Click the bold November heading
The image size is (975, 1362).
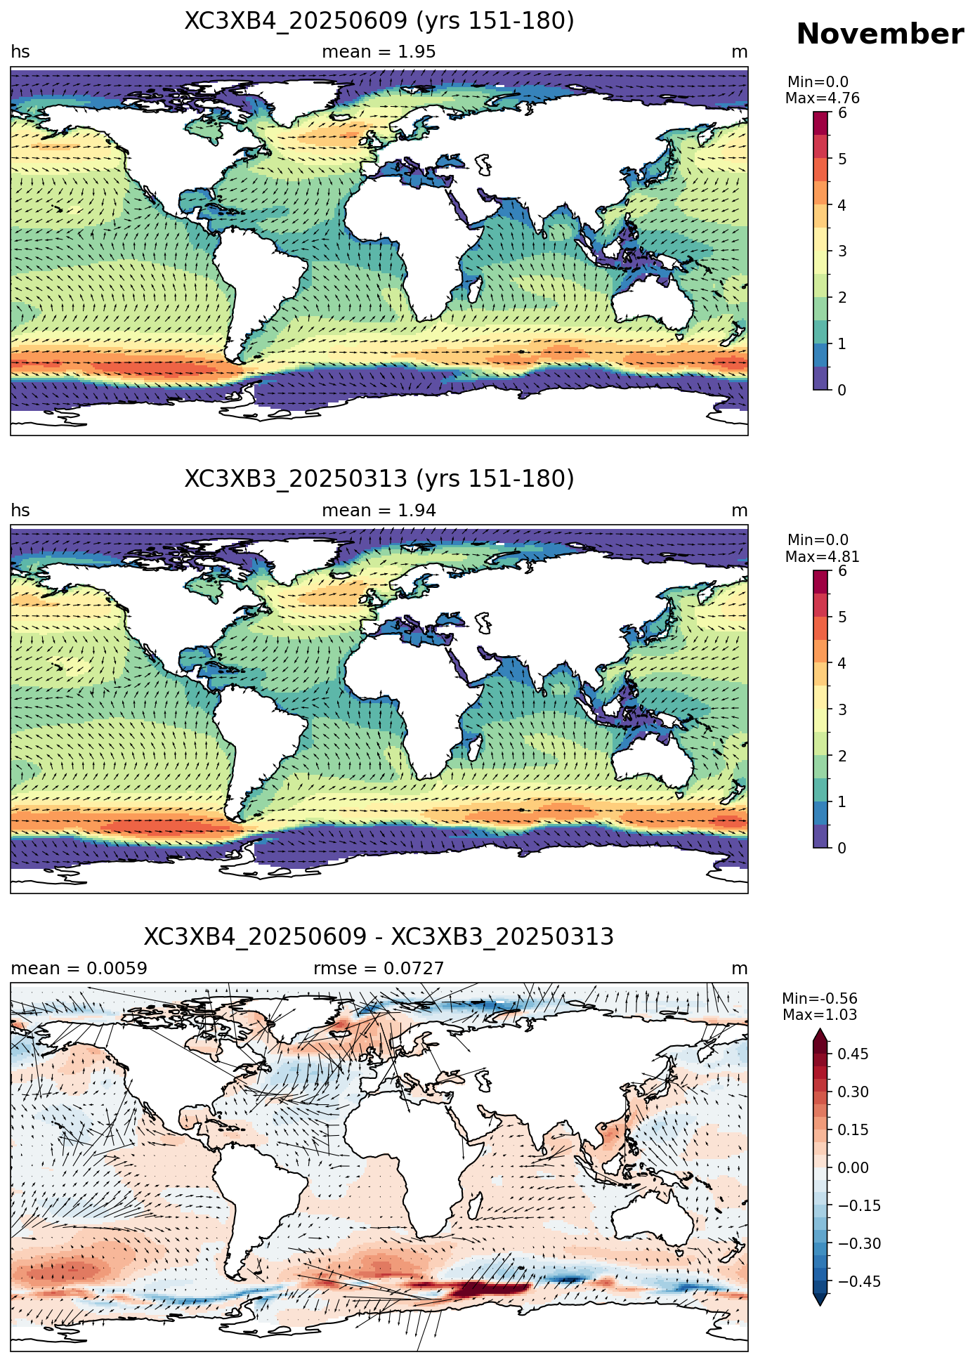click(879, 34)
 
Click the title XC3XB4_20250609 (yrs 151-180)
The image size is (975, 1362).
click(379, 21)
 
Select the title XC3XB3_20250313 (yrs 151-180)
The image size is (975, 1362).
click(379, 479)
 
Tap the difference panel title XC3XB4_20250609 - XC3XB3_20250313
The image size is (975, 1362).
click(379, 937)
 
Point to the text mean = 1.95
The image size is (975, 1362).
click(379, 52)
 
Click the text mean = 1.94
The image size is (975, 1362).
click(379, 511)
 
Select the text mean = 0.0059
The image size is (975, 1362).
click(79, 969)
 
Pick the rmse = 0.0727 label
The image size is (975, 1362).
click(379, 969)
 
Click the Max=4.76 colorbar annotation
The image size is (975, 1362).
click(822, 98)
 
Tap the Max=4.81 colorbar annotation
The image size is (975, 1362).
click(822, 557)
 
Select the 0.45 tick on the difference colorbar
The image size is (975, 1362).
click(853, 1054)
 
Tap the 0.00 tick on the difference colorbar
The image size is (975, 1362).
click(853, 1167)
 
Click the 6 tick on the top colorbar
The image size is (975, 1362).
click(842, 112)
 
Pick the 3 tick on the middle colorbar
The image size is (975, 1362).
click(842, 709)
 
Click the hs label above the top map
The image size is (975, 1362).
click(20, 52)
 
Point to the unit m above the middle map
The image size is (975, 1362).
click(740, 511)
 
